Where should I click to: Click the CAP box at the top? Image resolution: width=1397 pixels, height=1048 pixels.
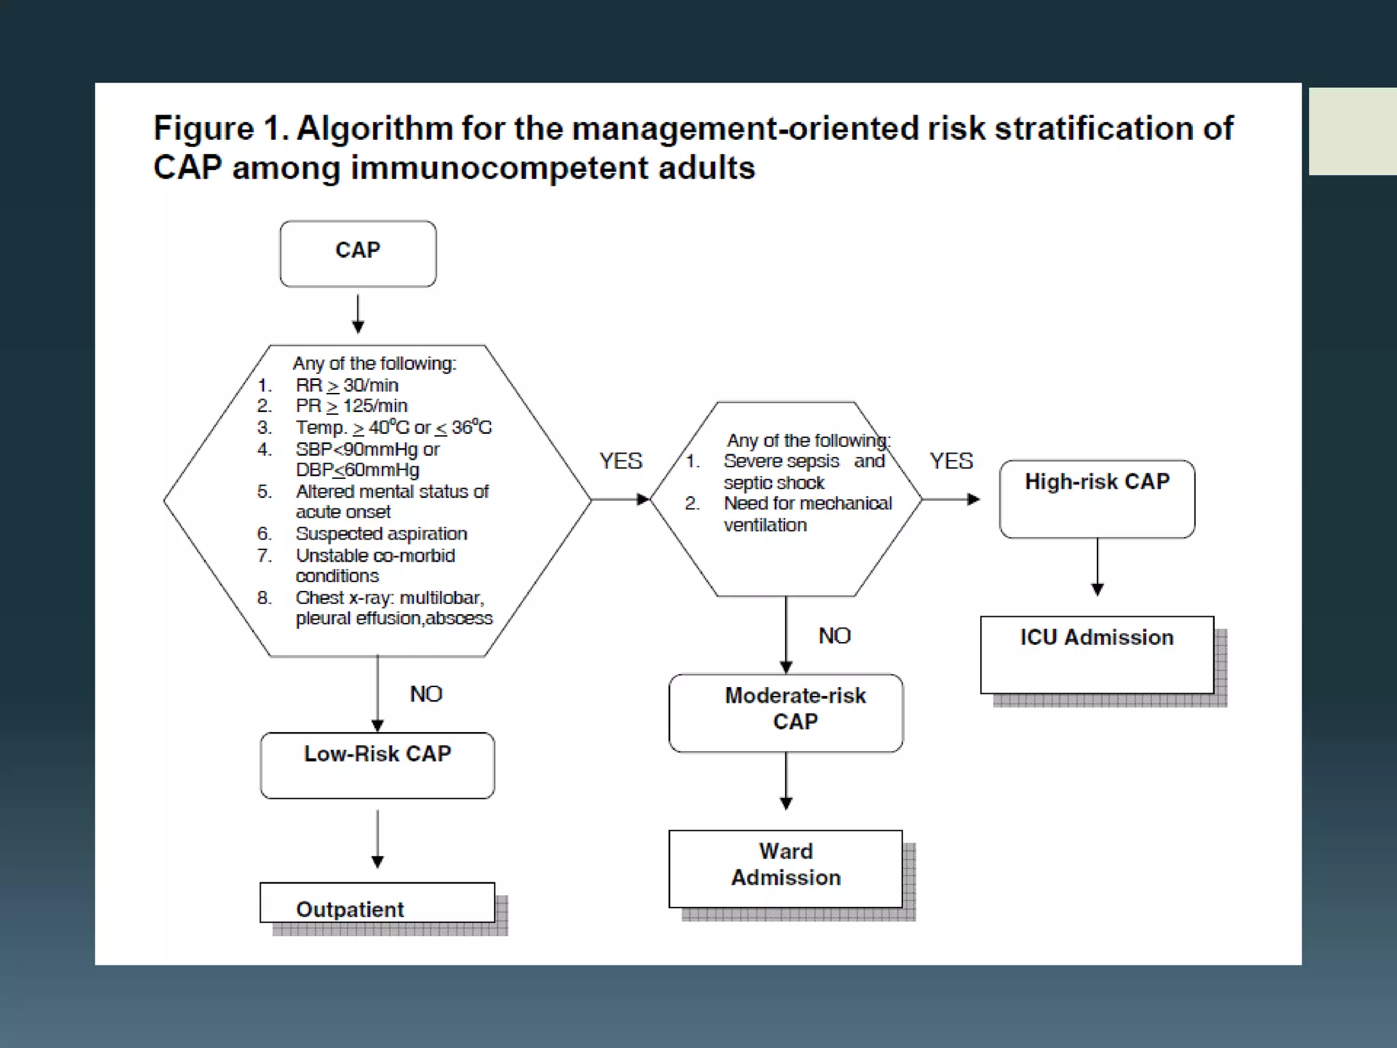tap(357, 253)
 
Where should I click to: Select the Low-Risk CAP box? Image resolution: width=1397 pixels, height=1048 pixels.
tap(377, 765)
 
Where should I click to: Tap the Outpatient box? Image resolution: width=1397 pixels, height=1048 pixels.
tap(377, 903)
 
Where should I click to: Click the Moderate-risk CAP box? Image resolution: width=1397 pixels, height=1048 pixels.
tap(786, 712)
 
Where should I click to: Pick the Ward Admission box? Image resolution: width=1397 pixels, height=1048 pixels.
tap(786, 868)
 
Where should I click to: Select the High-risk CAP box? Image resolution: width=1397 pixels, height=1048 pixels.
tap(1097, 499)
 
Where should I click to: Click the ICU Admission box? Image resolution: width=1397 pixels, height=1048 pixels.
tap(1097, 654)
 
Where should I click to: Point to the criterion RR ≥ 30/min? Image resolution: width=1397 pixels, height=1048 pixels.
tap(347, 385)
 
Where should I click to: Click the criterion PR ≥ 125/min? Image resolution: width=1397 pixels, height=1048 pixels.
tap(351, 406)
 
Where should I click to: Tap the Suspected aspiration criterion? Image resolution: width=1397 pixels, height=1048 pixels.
tap(381, 534)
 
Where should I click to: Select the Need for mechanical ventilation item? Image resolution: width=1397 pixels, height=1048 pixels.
tap(807, 514)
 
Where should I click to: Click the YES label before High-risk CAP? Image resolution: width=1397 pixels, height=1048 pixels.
tap(951, 461)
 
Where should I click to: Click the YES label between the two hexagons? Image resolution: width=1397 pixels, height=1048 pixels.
tap(620, 461)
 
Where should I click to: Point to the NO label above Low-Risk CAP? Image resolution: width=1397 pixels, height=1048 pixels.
tap(426, 694)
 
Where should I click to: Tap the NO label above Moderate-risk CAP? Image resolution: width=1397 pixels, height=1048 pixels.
tap(834, 636)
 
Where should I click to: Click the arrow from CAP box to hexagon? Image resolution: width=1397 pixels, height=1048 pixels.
tap(357, 314)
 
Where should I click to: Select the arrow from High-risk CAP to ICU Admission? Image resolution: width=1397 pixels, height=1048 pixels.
tap(1097, 566)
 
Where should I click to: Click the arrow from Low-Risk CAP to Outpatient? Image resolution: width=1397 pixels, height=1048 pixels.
tap(377, 839)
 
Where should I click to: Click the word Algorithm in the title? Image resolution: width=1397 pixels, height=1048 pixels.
tap(374, 129)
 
